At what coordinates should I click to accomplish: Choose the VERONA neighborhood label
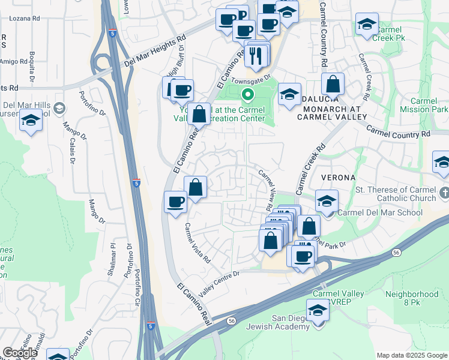(x=339, y=178)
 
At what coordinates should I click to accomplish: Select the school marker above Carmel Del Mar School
(x=327, y=200)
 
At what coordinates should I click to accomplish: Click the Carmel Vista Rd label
(x=197, y=244)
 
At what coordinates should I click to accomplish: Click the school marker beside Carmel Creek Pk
(x=367, y=25)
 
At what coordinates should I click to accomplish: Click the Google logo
(x=20, y=353)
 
